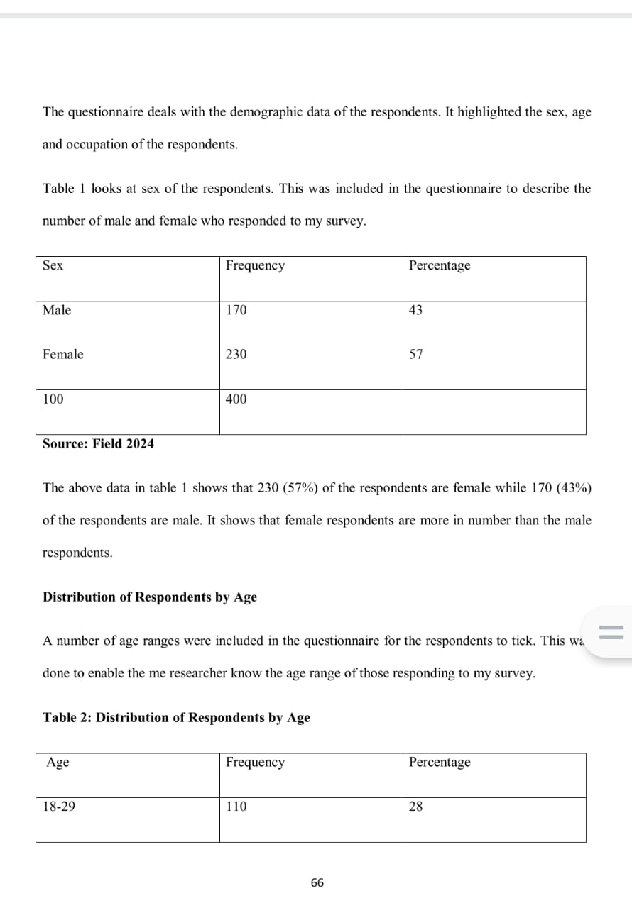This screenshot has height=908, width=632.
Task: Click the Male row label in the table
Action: (57, 310)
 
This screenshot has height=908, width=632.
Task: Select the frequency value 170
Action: (236, 310)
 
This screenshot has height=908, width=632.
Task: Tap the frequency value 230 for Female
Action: (236, 354)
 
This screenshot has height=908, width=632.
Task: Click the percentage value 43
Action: (416, 310)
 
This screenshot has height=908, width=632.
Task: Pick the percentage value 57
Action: (416, 354)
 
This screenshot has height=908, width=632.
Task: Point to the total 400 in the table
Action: (236, 399)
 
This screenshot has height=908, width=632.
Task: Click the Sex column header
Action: (53, 265)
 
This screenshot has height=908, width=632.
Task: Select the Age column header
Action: (58, 763)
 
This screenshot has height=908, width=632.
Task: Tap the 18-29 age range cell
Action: (59, 807)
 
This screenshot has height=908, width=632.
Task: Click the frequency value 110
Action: (236, 807)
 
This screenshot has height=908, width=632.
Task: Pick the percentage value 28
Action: (416, 807)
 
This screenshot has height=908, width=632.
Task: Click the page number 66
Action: (317, 882)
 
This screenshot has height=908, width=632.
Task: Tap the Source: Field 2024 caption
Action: (98, 444)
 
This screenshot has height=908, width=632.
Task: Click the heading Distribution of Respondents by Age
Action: (150, 597)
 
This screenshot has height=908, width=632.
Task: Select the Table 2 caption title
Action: (176, 718)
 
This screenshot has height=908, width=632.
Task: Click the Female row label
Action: (62, 354)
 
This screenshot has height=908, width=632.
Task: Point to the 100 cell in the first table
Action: (53, 399)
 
